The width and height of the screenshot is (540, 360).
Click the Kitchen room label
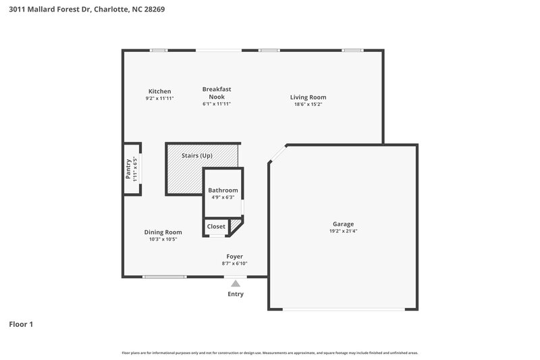160,91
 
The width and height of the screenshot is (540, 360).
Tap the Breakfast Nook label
217,93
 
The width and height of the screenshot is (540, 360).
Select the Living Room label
308,97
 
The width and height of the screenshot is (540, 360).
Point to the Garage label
343,224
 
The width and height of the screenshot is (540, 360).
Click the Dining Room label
163,232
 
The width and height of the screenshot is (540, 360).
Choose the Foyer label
234,256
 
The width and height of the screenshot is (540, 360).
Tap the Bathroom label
223,190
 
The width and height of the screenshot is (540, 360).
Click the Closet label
216,226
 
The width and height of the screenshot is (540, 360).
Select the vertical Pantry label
128,168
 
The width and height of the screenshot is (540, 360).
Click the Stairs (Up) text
197,155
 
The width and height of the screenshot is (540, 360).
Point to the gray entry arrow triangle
235,284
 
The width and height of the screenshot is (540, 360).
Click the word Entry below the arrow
236,294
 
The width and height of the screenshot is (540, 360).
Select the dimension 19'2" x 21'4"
343,232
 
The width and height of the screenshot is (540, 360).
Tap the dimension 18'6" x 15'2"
308,105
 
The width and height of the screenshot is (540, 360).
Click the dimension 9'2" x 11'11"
160,99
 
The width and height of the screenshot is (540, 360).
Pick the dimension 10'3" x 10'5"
163,239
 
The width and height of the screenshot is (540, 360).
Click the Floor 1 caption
20,324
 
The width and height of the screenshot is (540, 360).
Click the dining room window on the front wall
165,276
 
